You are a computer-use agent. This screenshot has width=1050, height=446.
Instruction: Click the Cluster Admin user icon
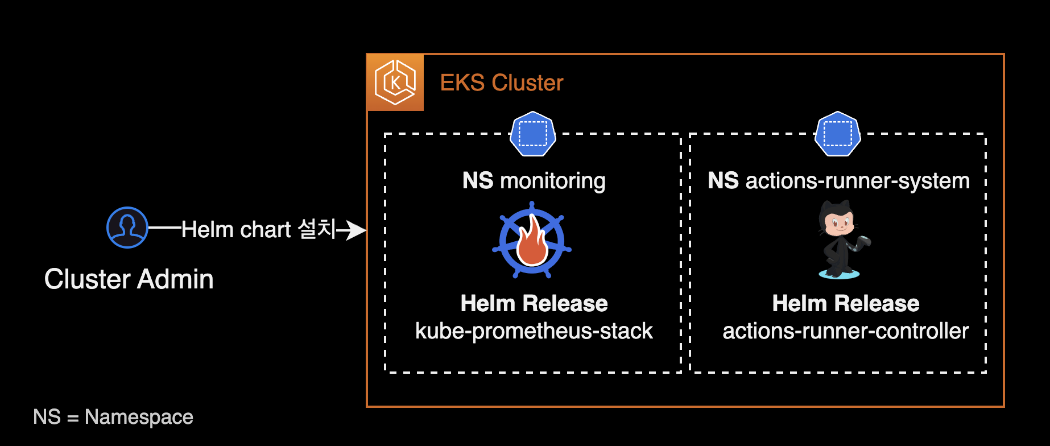coord(127,228)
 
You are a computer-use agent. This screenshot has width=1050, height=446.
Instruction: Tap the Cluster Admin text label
coord(129,279)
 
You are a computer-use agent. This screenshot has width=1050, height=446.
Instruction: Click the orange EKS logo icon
coord(395,82)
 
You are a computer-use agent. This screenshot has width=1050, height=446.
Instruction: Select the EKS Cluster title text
coord(502,83)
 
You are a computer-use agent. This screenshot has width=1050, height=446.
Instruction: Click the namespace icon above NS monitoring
coord(533,134)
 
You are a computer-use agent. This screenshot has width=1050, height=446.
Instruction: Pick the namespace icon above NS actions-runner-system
coord(838,134)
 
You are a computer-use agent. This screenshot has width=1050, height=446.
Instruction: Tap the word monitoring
coord(553,181)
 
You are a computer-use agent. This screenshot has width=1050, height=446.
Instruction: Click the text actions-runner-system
coord(857,181)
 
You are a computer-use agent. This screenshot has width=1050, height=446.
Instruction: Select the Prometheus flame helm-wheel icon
coord(532,240)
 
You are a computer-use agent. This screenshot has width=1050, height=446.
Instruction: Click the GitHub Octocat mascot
coord(840,241)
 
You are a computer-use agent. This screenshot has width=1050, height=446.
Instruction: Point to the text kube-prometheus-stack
coord(534,331)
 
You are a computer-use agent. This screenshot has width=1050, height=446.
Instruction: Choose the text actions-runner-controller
coord(845,331)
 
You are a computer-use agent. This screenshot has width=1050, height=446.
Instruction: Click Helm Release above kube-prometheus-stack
coord(534,304)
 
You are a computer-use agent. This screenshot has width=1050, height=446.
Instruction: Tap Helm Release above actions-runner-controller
coord(846,304)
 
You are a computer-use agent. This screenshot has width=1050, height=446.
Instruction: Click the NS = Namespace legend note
coord(113,417)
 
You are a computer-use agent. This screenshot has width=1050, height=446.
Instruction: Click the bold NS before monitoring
coord(478,181)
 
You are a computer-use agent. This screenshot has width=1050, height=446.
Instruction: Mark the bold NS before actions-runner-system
coord(723,181)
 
